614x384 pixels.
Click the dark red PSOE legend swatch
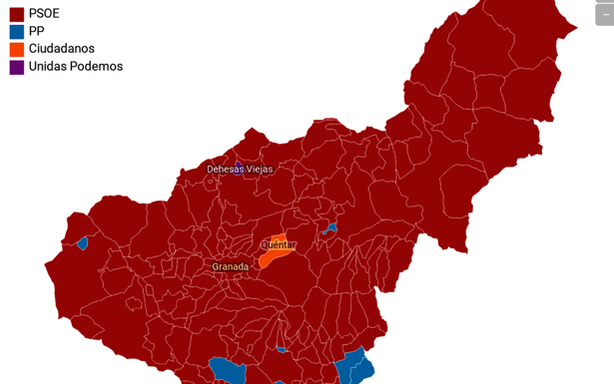click(x=16, y=14)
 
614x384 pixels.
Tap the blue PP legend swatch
click(x=16, y=32)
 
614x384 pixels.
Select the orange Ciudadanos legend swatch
click(x=16, y=49)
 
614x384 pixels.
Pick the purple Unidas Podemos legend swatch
click(x=16, y=67)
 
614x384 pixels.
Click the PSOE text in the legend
click(x=44, y=14)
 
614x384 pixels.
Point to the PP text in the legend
click(x=37, y=32)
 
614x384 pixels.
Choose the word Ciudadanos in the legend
click(x=62, y=49)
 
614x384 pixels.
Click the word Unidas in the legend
click(x=49, y=67)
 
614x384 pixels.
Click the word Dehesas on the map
click(x=225, y=170)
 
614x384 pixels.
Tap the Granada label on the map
click(x=230, y=267)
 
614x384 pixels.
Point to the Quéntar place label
click(x=279, y=244)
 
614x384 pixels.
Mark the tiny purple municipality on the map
click(x=238, y=162)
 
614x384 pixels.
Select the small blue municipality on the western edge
click(x=82, y=242)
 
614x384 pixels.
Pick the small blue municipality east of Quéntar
click(x=329, y=229)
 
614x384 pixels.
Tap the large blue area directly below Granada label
click(x=229, y=371)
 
